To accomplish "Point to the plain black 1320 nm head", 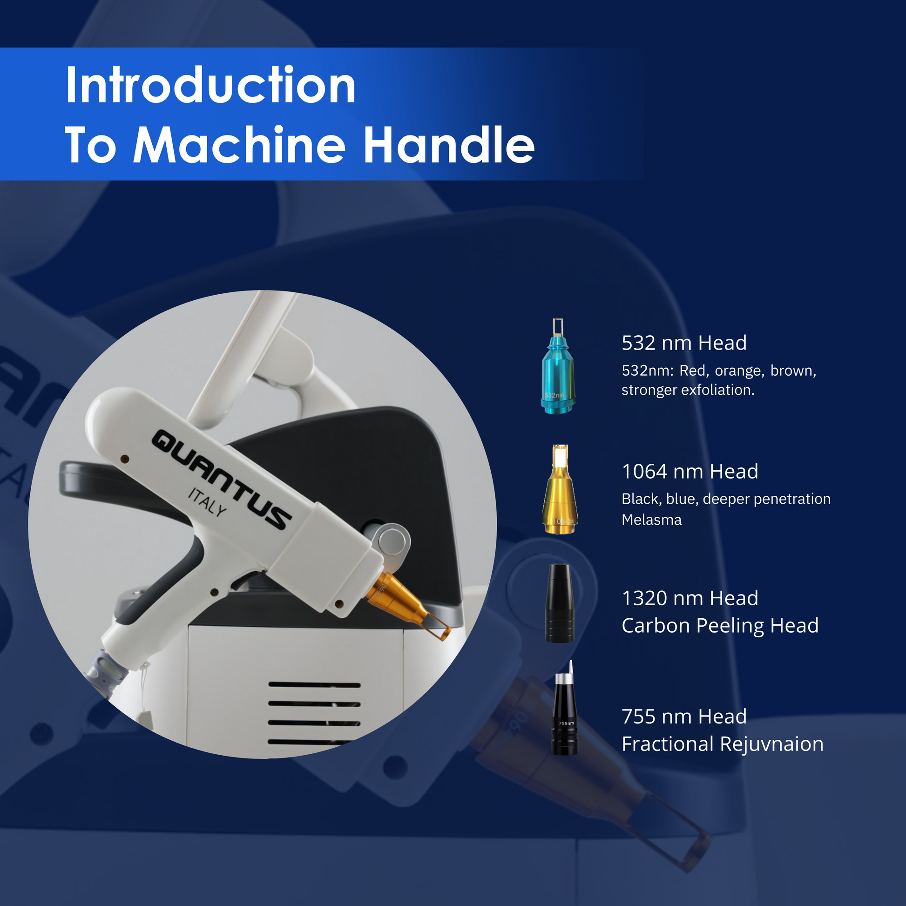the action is (560, 603).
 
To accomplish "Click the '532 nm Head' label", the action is (684, 343).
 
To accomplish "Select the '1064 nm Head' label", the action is (690, 472).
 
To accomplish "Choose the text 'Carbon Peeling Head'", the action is (720, 626).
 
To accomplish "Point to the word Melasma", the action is (651, 520).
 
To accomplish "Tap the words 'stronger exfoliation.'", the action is (688, 390).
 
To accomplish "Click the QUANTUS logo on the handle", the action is (222, 479).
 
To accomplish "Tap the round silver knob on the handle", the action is (393, 542).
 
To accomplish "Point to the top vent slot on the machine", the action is (314, 685).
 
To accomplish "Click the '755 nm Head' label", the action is (684, 717).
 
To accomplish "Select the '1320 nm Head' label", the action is (690, 598).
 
